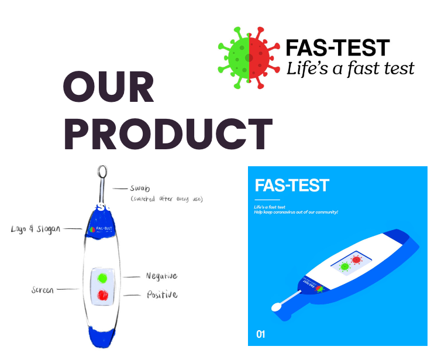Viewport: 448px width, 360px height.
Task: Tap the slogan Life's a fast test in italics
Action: click(350, 68)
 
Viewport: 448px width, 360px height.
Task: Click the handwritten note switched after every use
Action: click(167, 200)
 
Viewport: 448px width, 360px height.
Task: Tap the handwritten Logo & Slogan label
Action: click(35, 229)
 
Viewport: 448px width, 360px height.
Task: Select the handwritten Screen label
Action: click(43, 290)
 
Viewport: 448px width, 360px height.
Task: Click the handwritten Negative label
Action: click(161, 276)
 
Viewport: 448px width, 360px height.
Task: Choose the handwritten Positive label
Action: click(161, 294)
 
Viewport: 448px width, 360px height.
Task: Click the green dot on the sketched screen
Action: click(103, 277)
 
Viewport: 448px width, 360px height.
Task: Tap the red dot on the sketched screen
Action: click(103, 296)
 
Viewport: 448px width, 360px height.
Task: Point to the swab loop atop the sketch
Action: click(103, 171)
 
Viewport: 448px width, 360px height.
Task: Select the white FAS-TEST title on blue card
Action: click(292, 186)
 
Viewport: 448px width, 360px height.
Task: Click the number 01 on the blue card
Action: click(261, 334)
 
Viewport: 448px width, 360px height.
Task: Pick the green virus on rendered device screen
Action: click(344, 266)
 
